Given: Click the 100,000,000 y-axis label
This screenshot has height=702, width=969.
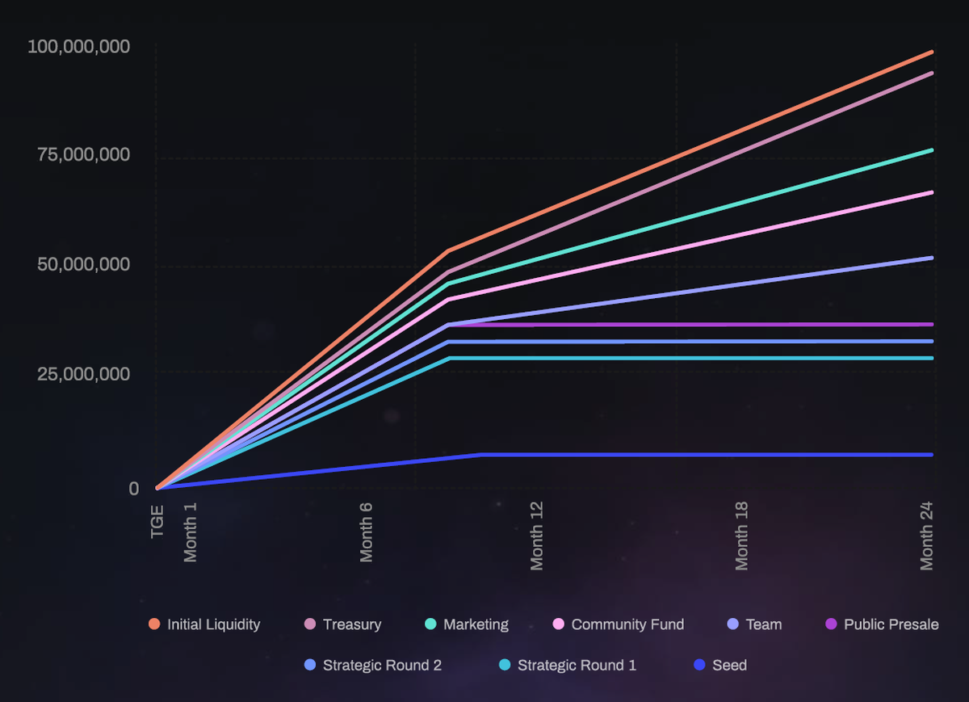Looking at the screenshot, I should [x=78, y=47].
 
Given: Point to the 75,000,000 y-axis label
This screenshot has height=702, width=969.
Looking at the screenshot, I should [x=83, y=154].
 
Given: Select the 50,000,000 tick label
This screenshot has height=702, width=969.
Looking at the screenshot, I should [x=83, y=265].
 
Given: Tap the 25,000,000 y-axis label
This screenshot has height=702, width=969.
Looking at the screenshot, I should [x=83, y=374].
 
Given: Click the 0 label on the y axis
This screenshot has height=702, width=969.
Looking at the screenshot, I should [x=134, y=488].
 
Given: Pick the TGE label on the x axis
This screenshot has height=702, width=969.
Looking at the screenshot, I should [x=157, y=521].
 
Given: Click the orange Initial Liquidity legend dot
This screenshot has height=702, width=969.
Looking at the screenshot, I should [x=154, y=624].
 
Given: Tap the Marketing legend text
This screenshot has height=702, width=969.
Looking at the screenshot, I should [x=476, y=624].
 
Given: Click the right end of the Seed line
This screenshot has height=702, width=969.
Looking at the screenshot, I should [x=931, y=455].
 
